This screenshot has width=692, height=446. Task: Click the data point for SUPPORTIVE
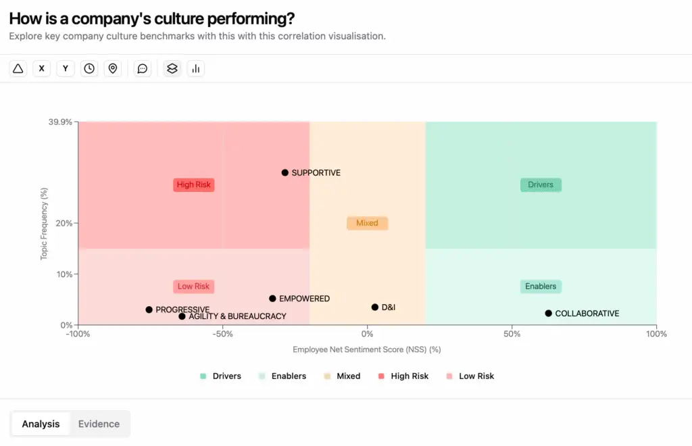[x=285, y=173]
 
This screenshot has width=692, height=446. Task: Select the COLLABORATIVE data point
[x=549, y=314]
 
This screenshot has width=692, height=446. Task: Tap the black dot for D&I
[x=375, y=307]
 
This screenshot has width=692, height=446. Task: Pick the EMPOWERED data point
[x=273, y=299]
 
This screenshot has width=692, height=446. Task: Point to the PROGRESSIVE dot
[x=149, y=309]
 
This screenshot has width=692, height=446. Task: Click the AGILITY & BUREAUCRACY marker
[x=182, y=316]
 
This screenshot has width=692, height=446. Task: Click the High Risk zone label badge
[x=194, y=184]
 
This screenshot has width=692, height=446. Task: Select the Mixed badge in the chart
[x=367, y=223]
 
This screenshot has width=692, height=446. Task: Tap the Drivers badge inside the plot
[x=541, y=184]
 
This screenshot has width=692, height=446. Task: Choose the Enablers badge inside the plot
[x=541, y=287]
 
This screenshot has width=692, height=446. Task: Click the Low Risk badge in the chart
[x=194, y=287]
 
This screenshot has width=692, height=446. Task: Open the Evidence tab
[x=99, y=424]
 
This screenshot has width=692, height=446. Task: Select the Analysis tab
[x=41, y=424]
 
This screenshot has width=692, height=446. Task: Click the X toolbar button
[x=42, y=68]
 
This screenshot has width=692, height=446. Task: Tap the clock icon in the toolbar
[x=89, y=68]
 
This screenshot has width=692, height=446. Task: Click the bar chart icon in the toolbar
[x=196, y=68]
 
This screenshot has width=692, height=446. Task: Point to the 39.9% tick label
[x=60, y=122]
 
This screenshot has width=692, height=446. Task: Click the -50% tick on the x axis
[x=223, y=334]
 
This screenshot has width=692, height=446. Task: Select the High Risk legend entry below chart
[x=403, y=376]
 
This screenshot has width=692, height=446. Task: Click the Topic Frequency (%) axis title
[x=45, y=224]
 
